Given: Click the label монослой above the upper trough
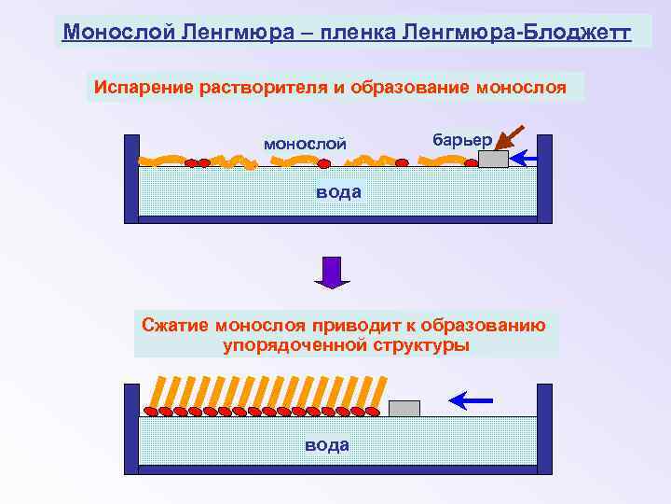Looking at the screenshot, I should [305, 144].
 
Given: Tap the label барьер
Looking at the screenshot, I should [462, 138].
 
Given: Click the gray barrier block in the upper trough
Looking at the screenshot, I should [493, 160].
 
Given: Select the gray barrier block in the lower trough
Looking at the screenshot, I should [404, 409].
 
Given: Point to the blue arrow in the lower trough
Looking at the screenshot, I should [471, 400].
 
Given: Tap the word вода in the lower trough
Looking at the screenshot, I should [327, 444].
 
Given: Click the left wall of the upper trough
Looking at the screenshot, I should [131, 177].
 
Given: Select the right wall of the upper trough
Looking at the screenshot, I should [544, 177].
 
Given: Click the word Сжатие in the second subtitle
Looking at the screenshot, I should [175, 326].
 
